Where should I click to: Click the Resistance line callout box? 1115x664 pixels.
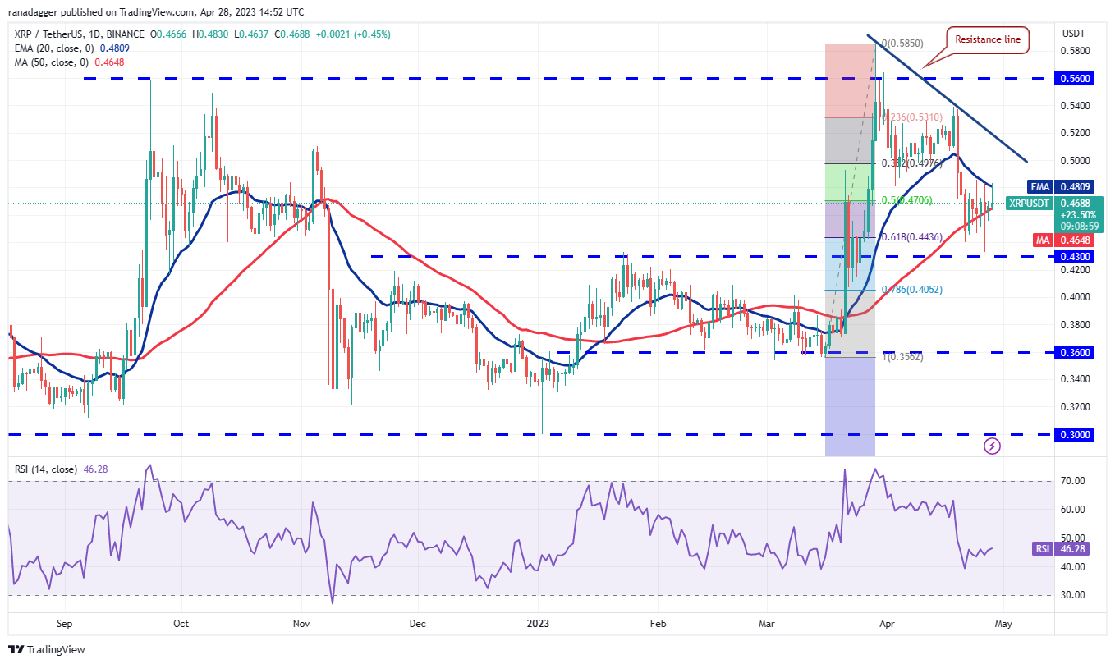coord(988,39)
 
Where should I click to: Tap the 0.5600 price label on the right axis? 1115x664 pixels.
coord(1075,78)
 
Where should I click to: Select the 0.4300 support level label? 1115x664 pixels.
coord(1075,256)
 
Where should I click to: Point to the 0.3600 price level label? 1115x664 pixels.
coord(1075,352)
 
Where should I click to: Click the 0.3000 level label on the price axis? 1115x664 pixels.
coord(1075,434)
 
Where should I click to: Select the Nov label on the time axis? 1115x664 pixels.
coord(301,623)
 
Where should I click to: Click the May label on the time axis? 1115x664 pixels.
coord(1003,623)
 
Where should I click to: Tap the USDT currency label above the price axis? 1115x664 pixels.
coord(1073,34)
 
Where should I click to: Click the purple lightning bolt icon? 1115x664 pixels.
coord(992,446)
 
